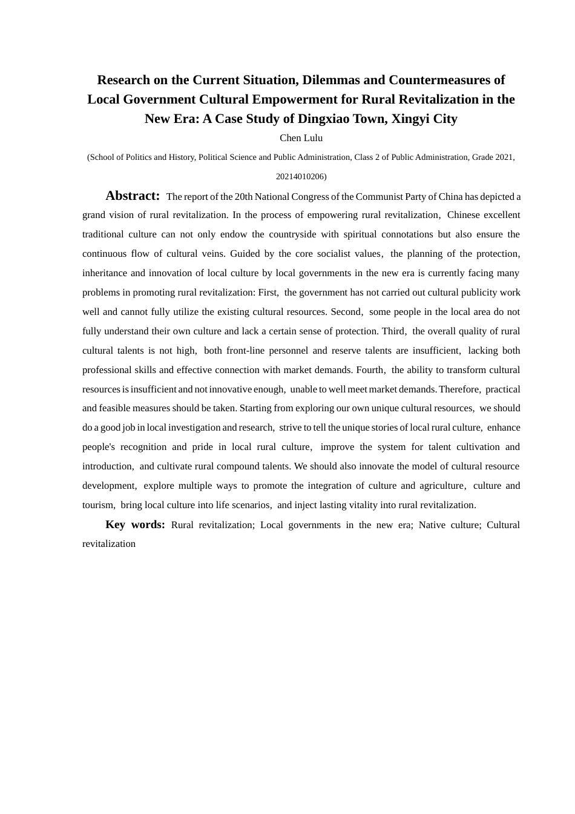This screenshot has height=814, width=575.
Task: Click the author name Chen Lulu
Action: coord(301,138)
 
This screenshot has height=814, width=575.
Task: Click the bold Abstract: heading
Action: coord(133,196)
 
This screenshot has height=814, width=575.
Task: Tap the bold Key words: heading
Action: coord(135,524)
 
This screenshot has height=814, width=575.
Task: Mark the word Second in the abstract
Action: coord(346,312)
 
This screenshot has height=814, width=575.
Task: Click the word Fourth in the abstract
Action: coord(369,370)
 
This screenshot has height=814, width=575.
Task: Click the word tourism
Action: coord(97,505)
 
